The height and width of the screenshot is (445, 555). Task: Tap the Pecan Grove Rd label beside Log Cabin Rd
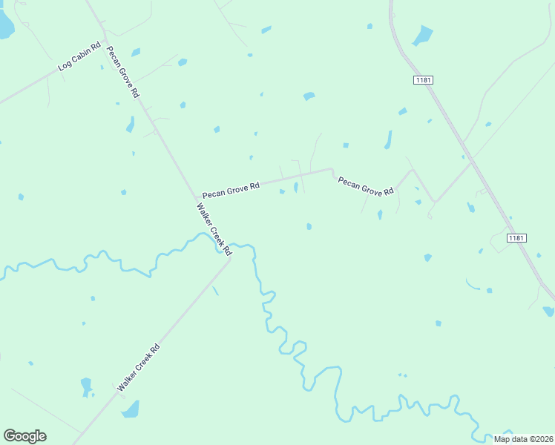point(123,73)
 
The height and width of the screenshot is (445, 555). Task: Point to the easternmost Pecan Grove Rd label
point(366,186)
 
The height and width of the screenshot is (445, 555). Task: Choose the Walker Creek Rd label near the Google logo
point(139,367)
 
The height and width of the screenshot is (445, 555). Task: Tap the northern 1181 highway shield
point(423,79)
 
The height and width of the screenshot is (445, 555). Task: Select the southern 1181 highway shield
point(517,237)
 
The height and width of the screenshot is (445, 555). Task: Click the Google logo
point(24,436)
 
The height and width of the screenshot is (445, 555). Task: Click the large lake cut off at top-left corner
point(5,26)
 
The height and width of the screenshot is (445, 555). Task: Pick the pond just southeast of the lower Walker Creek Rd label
point(131,410)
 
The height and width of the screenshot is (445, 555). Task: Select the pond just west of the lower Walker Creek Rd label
point(86,386)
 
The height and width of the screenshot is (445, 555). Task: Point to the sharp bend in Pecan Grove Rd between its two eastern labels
point(332,170)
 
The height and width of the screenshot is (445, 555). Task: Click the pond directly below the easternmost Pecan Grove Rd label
point(379,214)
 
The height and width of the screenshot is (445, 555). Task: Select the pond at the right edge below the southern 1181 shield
point(548,311)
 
